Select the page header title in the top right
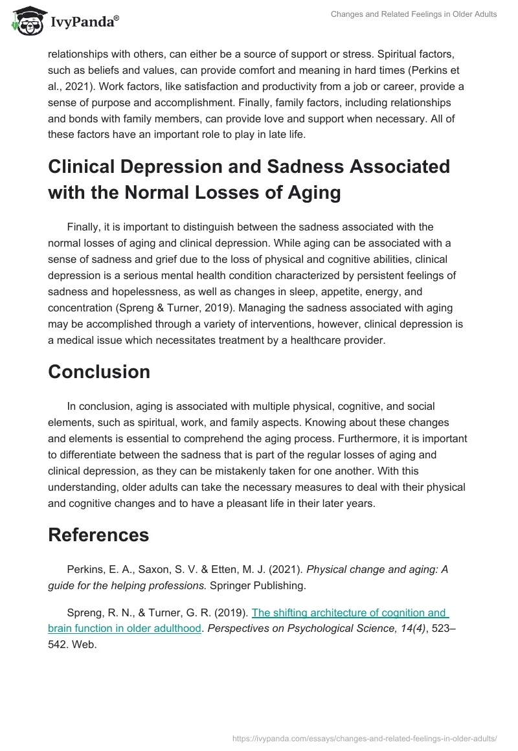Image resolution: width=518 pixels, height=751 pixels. click(x=412, y=14)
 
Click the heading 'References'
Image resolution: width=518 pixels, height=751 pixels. click(x=98, y=535)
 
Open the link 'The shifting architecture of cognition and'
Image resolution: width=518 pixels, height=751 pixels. click(x=350, y=612)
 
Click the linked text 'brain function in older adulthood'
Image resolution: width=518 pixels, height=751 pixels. click(x=124, y=629)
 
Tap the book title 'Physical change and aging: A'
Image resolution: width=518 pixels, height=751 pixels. click(x=377, y=570)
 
